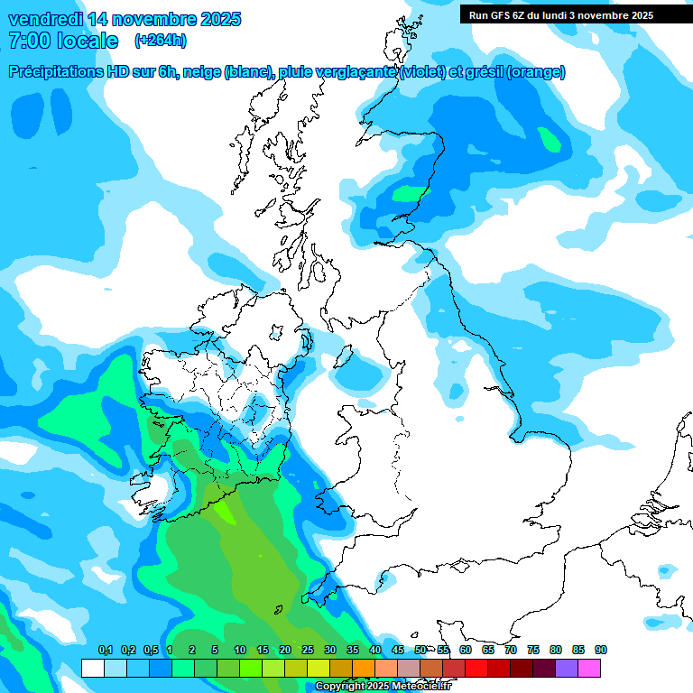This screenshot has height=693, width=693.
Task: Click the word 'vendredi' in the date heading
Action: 46,18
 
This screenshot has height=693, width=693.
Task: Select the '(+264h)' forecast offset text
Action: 160,41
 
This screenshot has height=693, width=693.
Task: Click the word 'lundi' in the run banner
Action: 556,15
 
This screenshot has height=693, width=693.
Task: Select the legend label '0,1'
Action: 105,651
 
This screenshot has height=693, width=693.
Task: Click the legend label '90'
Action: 601,651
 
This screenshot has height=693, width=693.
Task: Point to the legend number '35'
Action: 353,651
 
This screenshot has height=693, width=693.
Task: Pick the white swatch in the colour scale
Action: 92,668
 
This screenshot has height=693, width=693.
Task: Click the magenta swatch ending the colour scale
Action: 589,668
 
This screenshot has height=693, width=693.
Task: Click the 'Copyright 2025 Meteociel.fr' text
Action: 383,686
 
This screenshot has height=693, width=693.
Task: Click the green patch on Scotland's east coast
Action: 408,192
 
